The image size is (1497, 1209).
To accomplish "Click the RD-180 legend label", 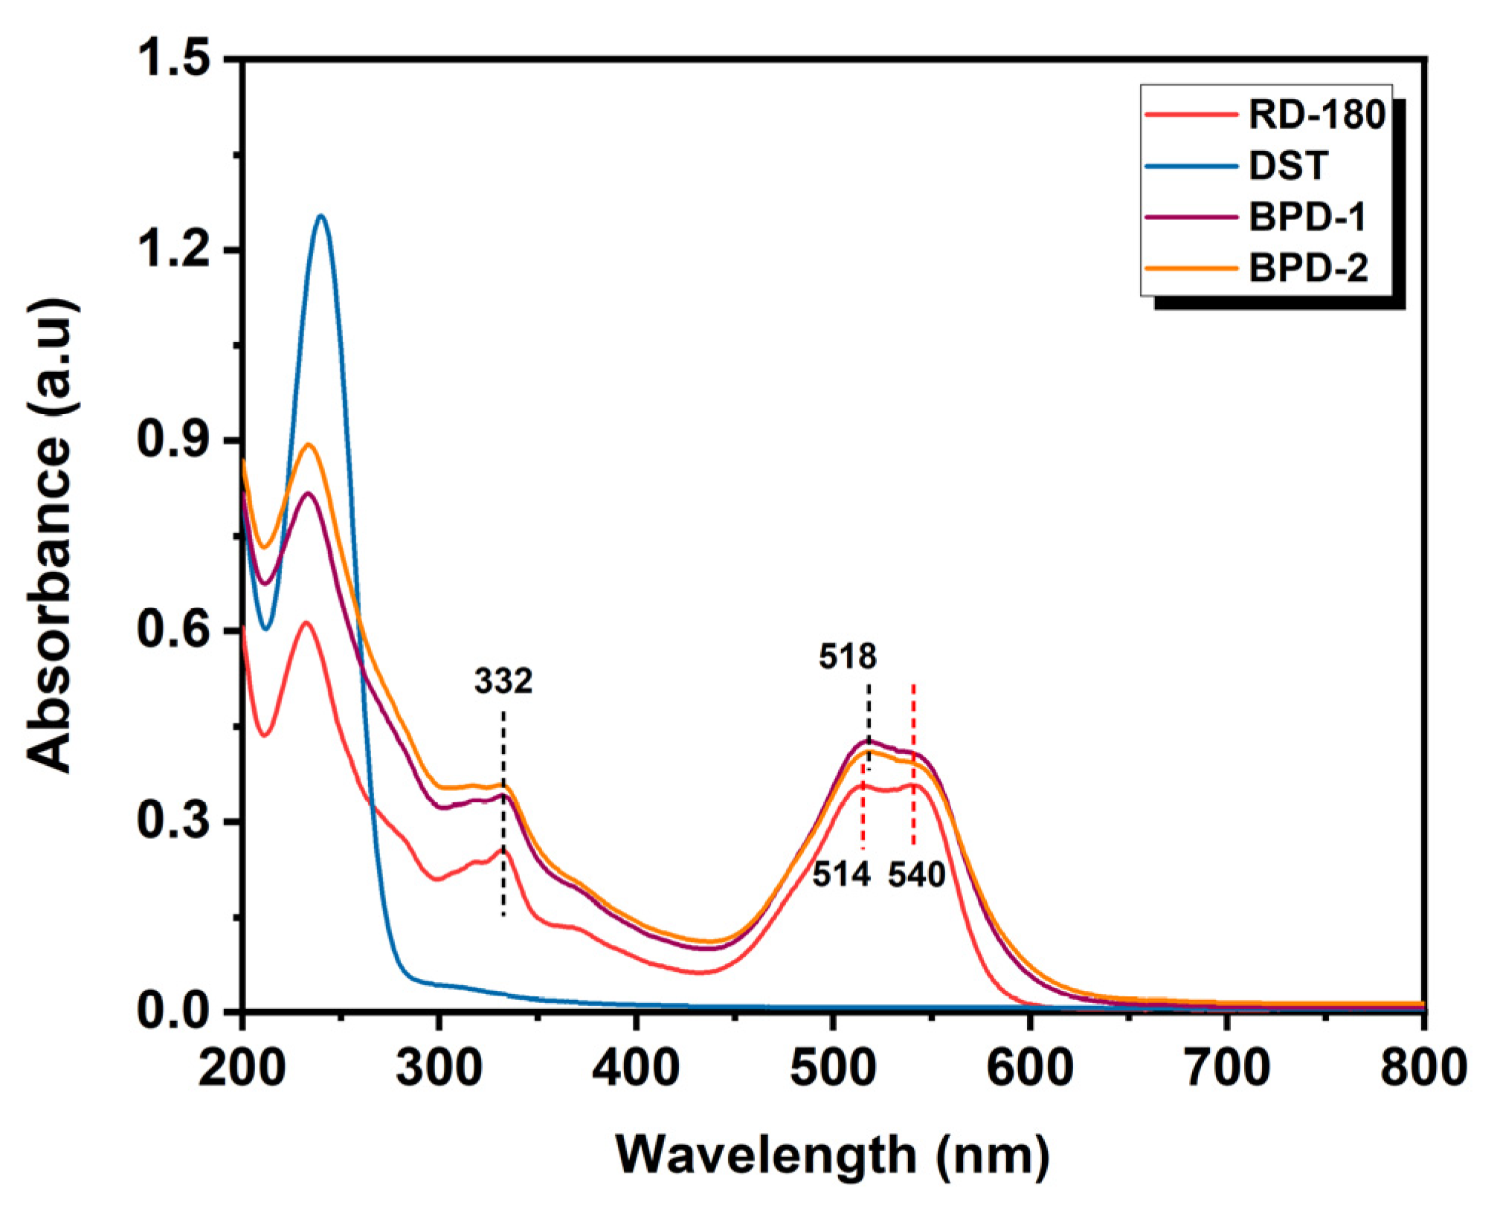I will (x=1316, y=115).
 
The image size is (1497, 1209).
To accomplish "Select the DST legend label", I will (x=1288, y=166).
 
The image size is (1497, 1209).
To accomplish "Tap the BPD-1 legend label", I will (x=1307, y=217).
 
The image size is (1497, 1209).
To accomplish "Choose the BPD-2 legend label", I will (x=1308, y=268).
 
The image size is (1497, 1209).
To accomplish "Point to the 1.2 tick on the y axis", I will (x=173, y=250).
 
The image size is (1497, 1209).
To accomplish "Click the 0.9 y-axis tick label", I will (x=173, y=440).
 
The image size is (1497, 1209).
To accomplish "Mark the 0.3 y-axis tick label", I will (x=173, y=822).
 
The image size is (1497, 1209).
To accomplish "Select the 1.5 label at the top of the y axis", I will (x=173, y=59).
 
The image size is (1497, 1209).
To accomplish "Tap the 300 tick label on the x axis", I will (x=439, y=1068).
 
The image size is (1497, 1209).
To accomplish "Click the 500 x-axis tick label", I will (x=833, y=1068).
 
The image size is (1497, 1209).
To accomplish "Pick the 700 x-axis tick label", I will (x=1227, y=1068).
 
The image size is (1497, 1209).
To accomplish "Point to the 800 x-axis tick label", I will (x=1422, y=1068).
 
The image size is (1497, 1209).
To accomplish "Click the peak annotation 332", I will (x=503, y=681).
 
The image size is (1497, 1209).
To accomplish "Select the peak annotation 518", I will (x=848, y=657).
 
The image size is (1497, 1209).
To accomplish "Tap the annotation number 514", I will (x=841, y=874).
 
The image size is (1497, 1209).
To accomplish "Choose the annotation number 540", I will (x=917, y=874).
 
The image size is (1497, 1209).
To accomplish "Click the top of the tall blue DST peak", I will (x=321, y=216).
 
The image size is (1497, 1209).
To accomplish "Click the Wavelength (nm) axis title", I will (x=833, y=1155).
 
